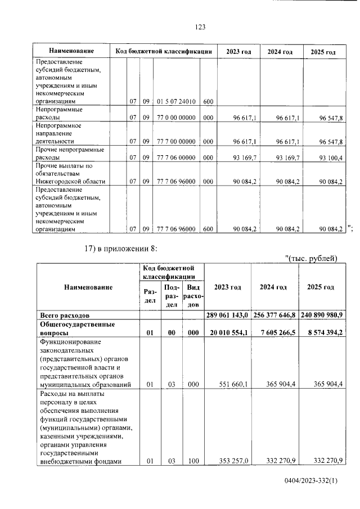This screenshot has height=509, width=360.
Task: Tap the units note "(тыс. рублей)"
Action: coord(312,258)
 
